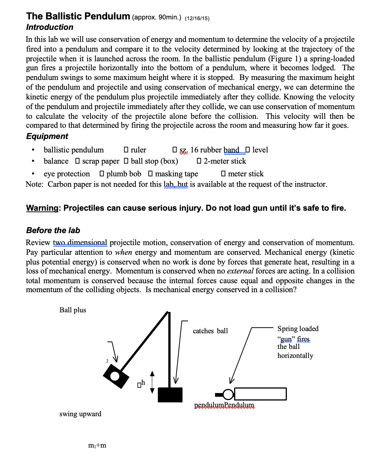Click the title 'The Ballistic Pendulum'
tap(78, 16)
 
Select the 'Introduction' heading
tap(50, 27)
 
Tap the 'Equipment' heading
tap(47, 136)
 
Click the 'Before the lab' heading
tap(53, 231)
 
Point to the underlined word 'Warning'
tap(42, 208)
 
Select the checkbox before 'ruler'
tap(126, 150)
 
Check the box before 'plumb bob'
tap(102, 174)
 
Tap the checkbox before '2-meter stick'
tap(199, 161)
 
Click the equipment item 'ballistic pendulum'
tap(74, 150)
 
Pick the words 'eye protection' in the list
tap(67, 174)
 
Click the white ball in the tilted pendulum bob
tap(114, 375)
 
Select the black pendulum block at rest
tap(170, 395)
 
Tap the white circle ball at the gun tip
tap(227, 394)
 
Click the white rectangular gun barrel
tap(260, 394)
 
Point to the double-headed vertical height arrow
tap(152, 382)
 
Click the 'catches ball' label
tap(210, 331)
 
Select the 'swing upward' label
tap(80, 414)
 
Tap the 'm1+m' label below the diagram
tap(97, 445)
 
